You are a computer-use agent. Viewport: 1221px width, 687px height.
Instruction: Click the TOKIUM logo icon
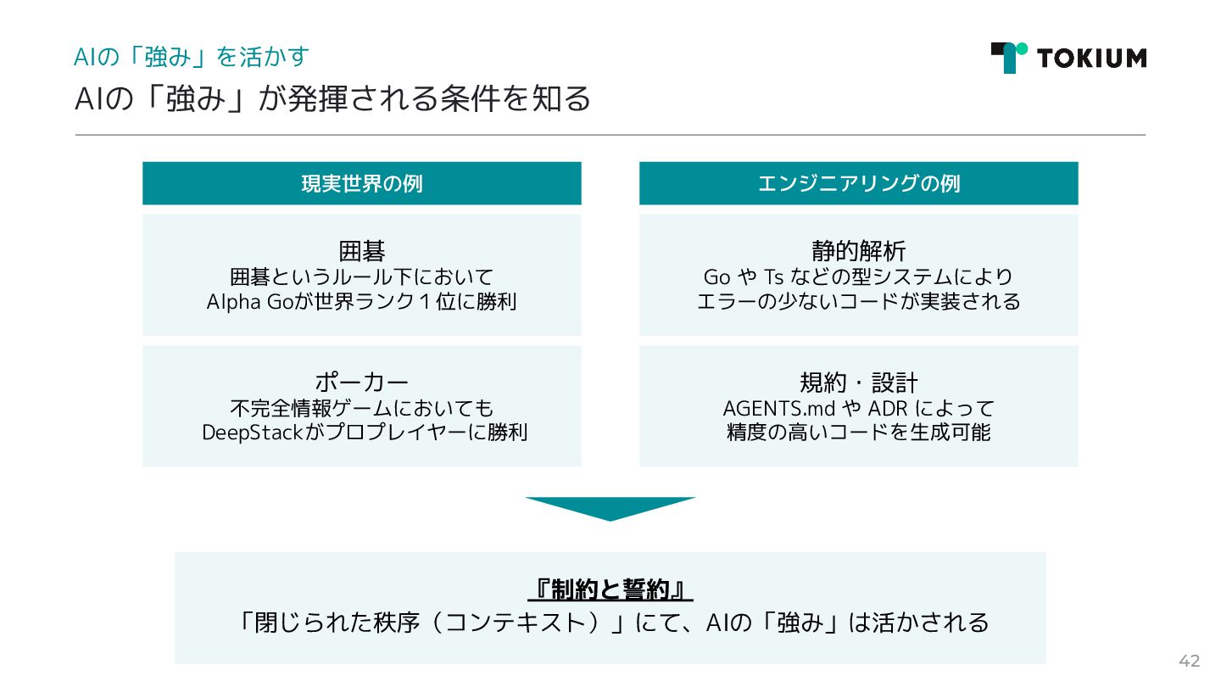1008,57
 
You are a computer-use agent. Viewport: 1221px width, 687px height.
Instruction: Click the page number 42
1190,662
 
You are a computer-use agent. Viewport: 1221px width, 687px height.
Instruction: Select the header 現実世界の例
362,183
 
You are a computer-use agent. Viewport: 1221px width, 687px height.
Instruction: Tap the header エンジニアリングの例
858,183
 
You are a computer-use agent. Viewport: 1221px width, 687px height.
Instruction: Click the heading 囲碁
362,251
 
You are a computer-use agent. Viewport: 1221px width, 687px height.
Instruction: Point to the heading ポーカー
362,382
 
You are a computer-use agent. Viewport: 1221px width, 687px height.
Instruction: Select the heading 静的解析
858,251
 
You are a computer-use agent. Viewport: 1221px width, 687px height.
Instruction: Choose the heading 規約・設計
858,382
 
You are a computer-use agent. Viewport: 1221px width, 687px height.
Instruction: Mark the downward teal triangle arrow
610,507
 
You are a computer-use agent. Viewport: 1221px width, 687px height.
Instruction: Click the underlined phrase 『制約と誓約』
610,589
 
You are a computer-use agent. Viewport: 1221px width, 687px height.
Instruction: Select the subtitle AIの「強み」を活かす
192,57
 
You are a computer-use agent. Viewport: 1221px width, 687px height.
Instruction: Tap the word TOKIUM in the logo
1090,58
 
